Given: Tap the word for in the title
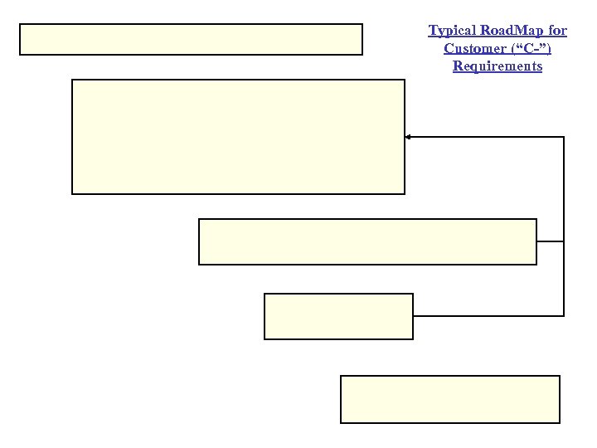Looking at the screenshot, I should [x=558, y=31].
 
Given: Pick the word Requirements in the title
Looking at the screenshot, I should [x=498, y=66].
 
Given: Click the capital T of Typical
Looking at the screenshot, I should [x=432, y=31].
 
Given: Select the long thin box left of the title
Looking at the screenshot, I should [x=191, y=39].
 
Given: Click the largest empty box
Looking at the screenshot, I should [x=239, y=137].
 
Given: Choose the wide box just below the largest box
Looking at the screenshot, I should [x=367, y=241].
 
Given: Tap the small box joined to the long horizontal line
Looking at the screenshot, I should [x=338, y=316].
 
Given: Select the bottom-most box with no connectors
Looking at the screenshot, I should [x=450, y=399].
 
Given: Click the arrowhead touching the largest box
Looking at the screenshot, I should [x=408, y=137].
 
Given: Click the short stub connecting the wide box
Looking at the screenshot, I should [x=550, y=241].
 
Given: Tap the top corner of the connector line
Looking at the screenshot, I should [x=564, y=137].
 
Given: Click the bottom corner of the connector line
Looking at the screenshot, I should [x=564, y=315].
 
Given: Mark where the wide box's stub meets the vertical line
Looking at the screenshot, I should [x=564, y=241].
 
